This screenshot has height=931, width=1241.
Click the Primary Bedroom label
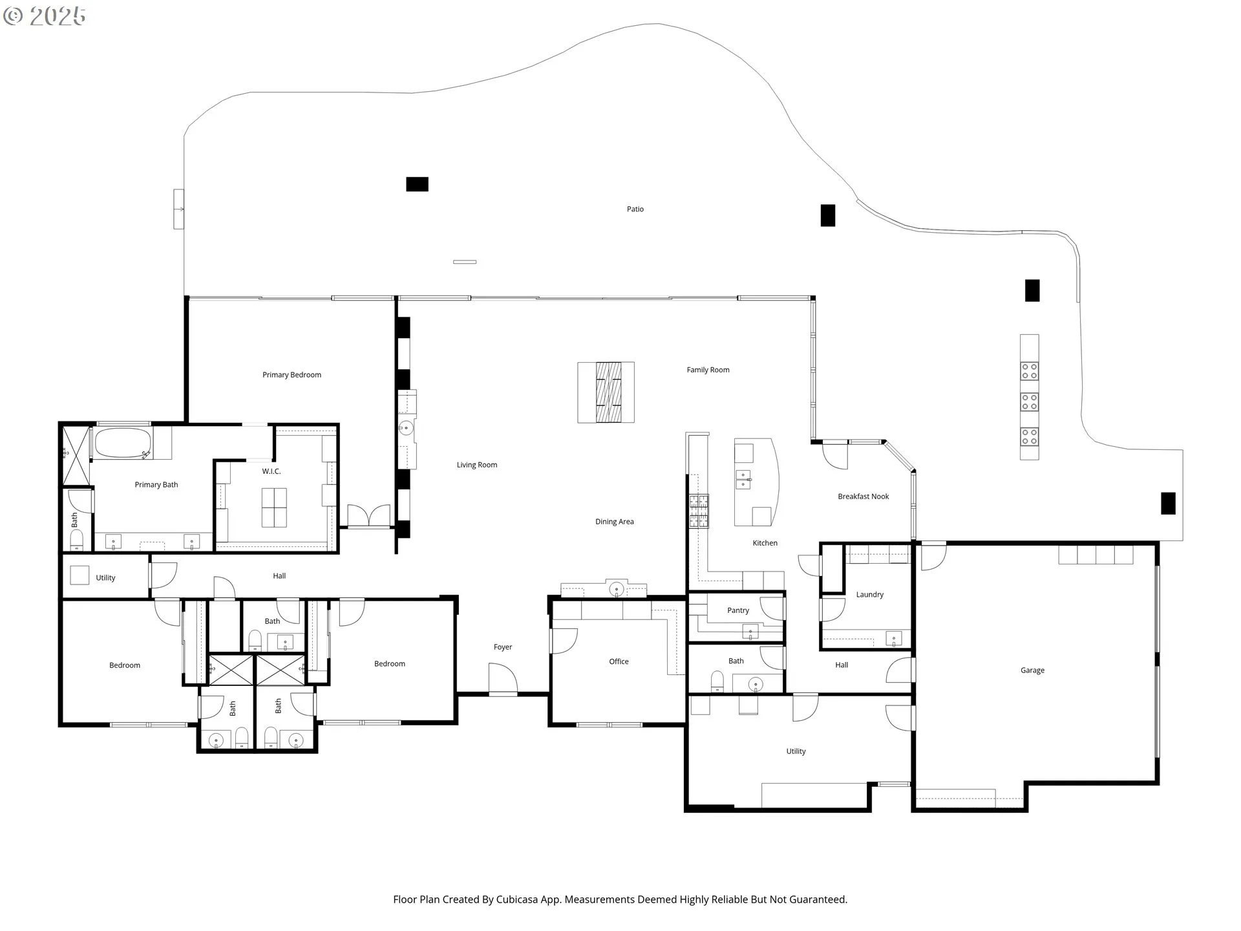coord(292,375)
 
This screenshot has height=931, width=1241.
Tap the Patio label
coord(635,209)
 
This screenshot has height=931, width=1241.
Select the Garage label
coord(1032,670)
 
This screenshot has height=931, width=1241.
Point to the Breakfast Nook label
coord(864,497)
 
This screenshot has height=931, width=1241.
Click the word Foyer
coord(503,647)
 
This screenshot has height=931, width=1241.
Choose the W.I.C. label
coord(271,471)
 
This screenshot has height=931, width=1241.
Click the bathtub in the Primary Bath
coord(123,444)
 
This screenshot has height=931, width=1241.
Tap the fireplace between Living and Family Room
coord(606,392)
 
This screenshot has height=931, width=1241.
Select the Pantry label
coord(738,610)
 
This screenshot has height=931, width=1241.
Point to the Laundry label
coord(869,595)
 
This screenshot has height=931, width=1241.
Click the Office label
coord(619,661)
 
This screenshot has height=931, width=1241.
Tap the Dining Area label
coord(615,522)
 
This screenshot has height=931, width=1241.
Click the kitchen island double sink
coord(743,480)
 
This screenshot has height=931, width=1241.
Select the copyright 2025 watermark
coord(44,16)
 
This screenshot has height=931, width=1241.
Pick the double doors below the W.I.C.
coord(369,516)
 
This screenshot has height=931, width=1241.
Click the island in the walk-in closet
coord(274,508)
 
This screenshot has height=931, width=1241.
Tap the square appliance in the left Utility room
coord(80,575)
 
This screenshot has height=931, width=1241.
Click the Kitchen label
coord(765,543)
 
